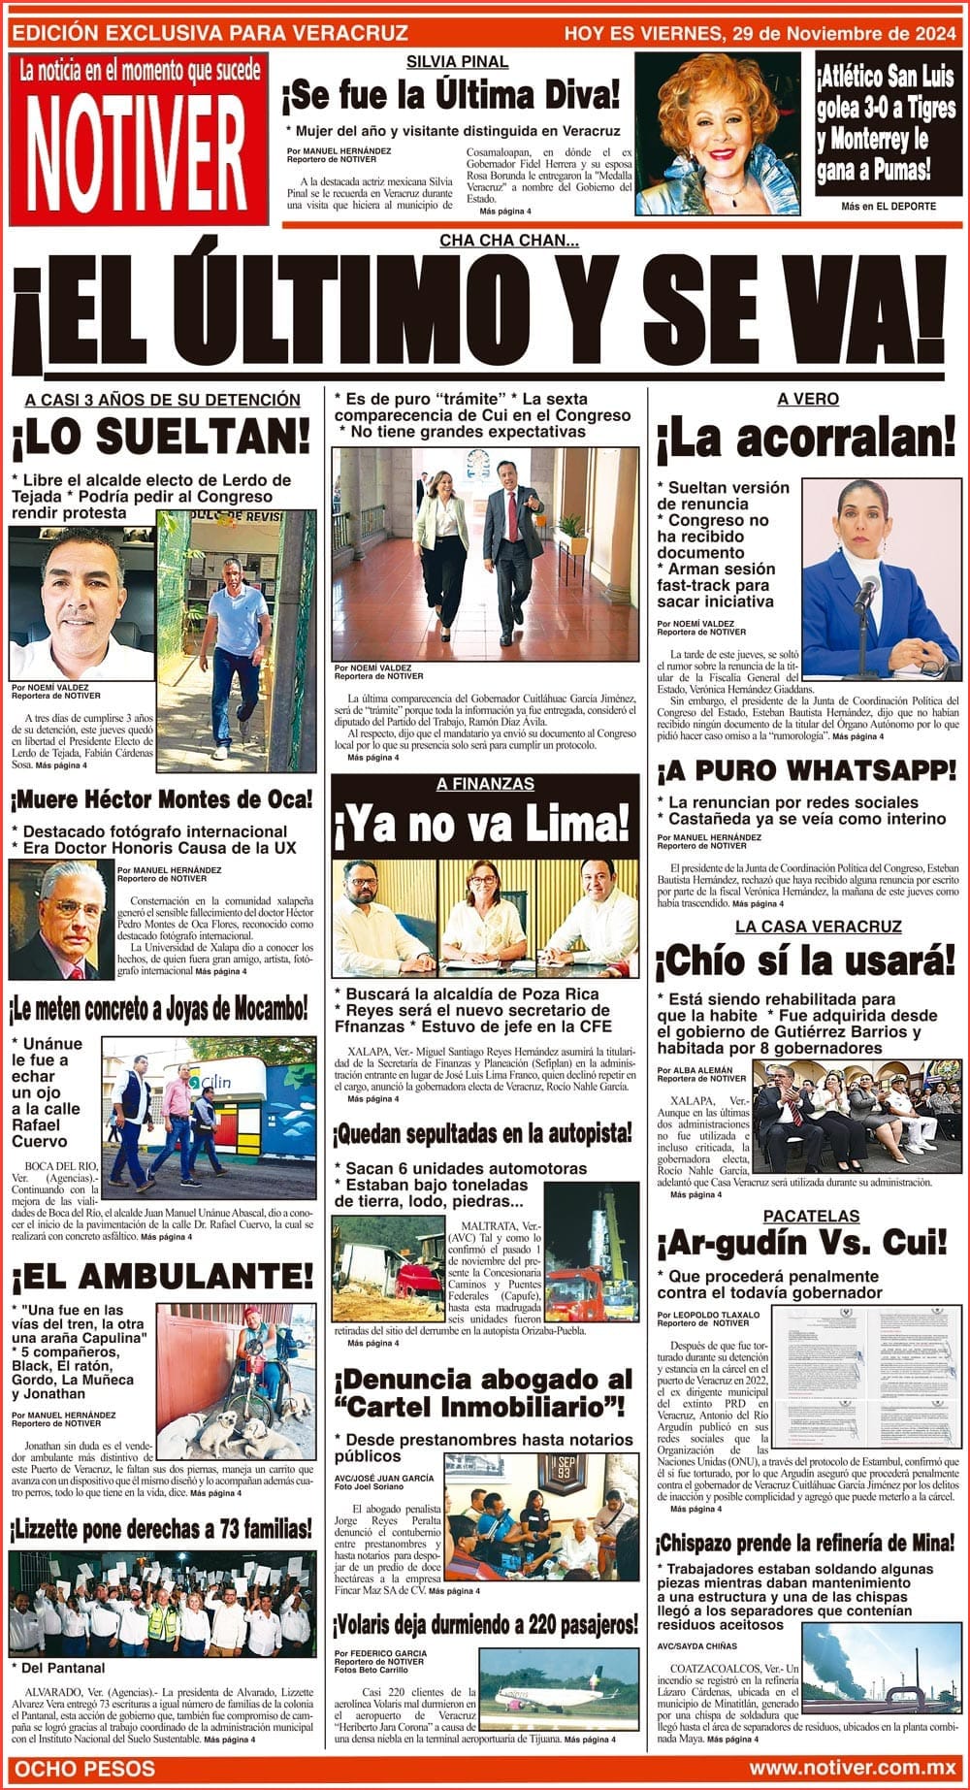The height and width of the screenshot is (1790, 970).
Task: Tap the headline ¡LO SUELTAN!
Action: pos(161,439)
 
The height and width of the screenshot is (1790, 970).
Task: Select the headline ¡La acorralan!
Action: pos(806,439)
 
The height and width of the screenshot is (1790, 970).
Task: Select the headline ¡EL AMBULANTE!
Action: pos(161,1276)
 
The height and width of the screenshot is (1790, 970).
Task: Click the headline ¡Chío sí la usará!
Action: pos(806,962)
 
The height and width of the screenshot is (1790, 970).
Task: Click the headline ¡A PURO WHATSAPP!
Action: pos(806,771)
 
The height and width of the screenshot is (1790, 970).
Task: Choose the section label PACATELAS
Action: pos(810,1216)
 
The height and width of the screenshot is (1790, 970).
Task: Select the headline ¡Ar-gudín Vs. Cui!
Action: pos(802,1243)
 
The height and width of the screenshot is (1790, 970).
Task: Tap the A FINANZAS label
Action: pos(485,784)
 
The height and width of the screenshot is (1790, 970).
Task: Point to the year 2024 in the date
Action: pos(925,33)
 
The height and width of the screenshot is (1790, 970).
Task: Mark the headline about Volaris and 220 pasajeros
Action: pos(485,1624)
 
